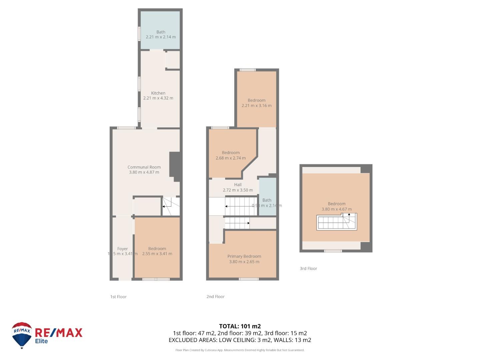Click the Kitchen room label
tap(158, 93)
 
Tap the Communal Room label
tap(144, 167)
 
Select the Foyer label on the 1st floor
tap(122, 249)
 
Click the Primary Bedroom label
tap(244, 256)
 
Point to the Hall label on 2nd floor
tap(238, 185)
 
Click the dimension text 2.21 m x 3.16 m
tap(256, 106)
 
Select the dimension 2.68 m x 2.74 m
tap(230, 158)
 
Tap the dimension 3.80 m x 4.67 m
tap(336, 209)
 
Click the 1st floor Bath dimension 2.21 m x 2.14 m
tap(161, 37)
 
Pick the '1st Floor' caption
tap(118, 297)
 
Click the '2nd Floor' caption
tap(215, 297)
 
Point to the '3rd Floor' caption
tap(308, 269)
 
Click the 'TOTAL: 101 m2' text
tap(240, 326)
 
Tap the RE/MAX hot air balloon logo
tap(22, 335)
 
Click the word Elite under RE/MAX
tap(42, 341)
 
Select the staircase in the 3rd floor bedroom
tap(336, 222)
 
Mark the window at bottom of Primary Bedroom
tap(249, 279)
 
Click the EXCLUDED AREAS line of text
tap(240, 340)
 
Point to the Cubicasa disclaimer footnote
tap(240, 350)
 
